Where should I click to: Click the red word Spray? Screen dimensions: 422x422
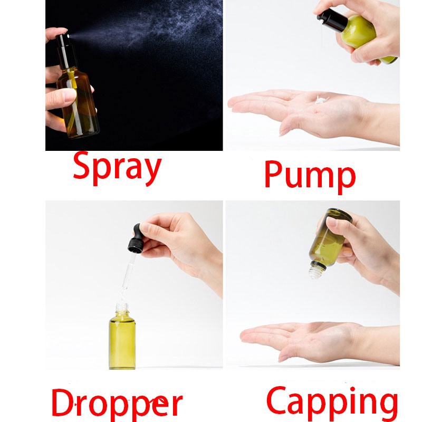117,169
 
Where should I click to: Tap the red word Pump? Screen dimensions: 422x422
310,177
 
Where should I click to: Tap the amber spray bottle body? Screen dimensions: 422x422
78,102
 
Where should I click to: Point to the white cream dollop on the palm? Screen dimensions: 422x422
321,100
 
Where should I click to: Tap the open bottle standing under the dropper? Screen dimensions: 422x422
122,337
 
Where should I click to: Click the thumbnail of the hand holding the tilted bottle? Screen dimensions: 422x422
332,222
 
